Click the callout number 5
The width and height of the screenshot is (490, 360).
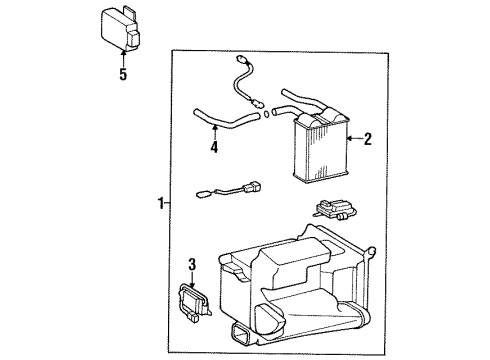(x=123, y=75)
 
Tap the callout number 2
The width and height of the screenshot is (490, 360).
(x=367, y=140)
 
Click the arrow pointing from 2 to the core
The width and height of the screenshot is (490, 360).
(x=353, y=140)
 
